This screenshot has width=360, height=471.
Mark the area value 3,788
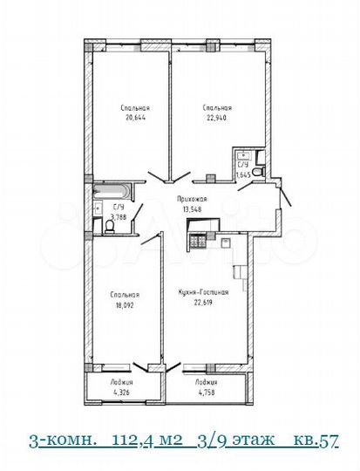[x=119, y=217]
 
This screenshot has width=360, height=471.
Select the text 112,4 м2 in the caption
[x=153, y=440]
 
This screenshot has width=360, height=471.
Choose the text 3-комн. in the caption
[x=61, y=440]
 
